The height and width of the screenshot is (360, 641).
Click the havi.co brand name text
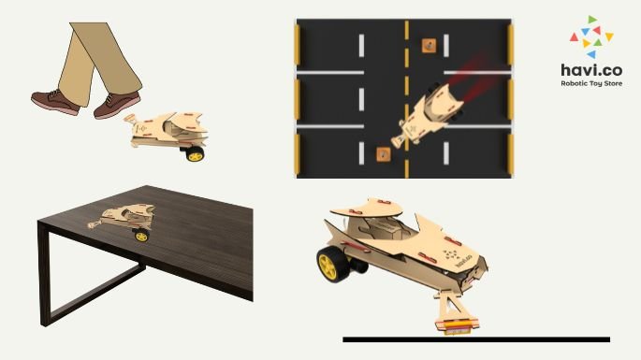pyautogui.click(x=591, y=70)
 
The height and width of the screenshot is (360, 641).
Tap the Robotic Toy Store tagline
pyautogui.click(x=591, y=83)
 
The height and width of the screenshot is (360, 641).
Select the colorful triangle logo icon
pyautogui.click(x=591, y=36)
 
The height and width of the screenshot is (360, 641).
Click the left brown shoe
pyautogui.click(x=56, y=102)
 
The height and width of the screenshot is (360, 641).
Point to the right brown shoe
pyautogui.click(x=117, y=106)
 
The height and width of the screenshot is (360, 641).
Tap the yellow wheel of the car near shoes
pyautogui.click(x=195, y=154)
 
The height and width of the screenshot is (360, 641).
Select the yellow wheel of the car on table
pyautogui.click(x=141, y=236)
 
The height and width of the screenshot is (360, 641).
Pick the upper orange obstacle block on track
pyautogui.click(x=429, y=46)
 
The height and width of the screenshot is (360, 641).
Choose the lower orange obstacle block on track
pyautogui.click(x=384, y=154)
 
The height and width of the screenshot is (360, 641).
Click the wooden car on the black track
pyautogui.click(x=428, y=115)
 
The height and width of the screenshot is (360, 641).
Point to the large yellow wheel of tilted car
pyautogui.click(x=330, y=264)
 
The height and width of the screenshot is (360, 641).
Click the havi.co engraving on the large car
pyautogui.click(x=463, y=260)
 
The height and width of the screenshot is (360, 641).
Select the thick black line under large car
pyautogui.click(x=476, y=339)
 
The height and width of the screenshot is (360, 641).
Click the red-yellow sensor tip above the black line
pyautogui.click(x=457, y=326)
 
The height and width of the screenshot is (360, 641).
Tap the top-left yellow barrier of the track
pyautogui.click(x=298, y=44)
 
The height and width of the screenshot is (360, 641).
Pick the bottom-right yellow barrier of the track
pyautogui.click(x=510, y=153)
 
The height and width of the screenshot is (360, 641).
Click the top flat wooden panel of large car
pyautogui.click(x=366, y=208)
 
